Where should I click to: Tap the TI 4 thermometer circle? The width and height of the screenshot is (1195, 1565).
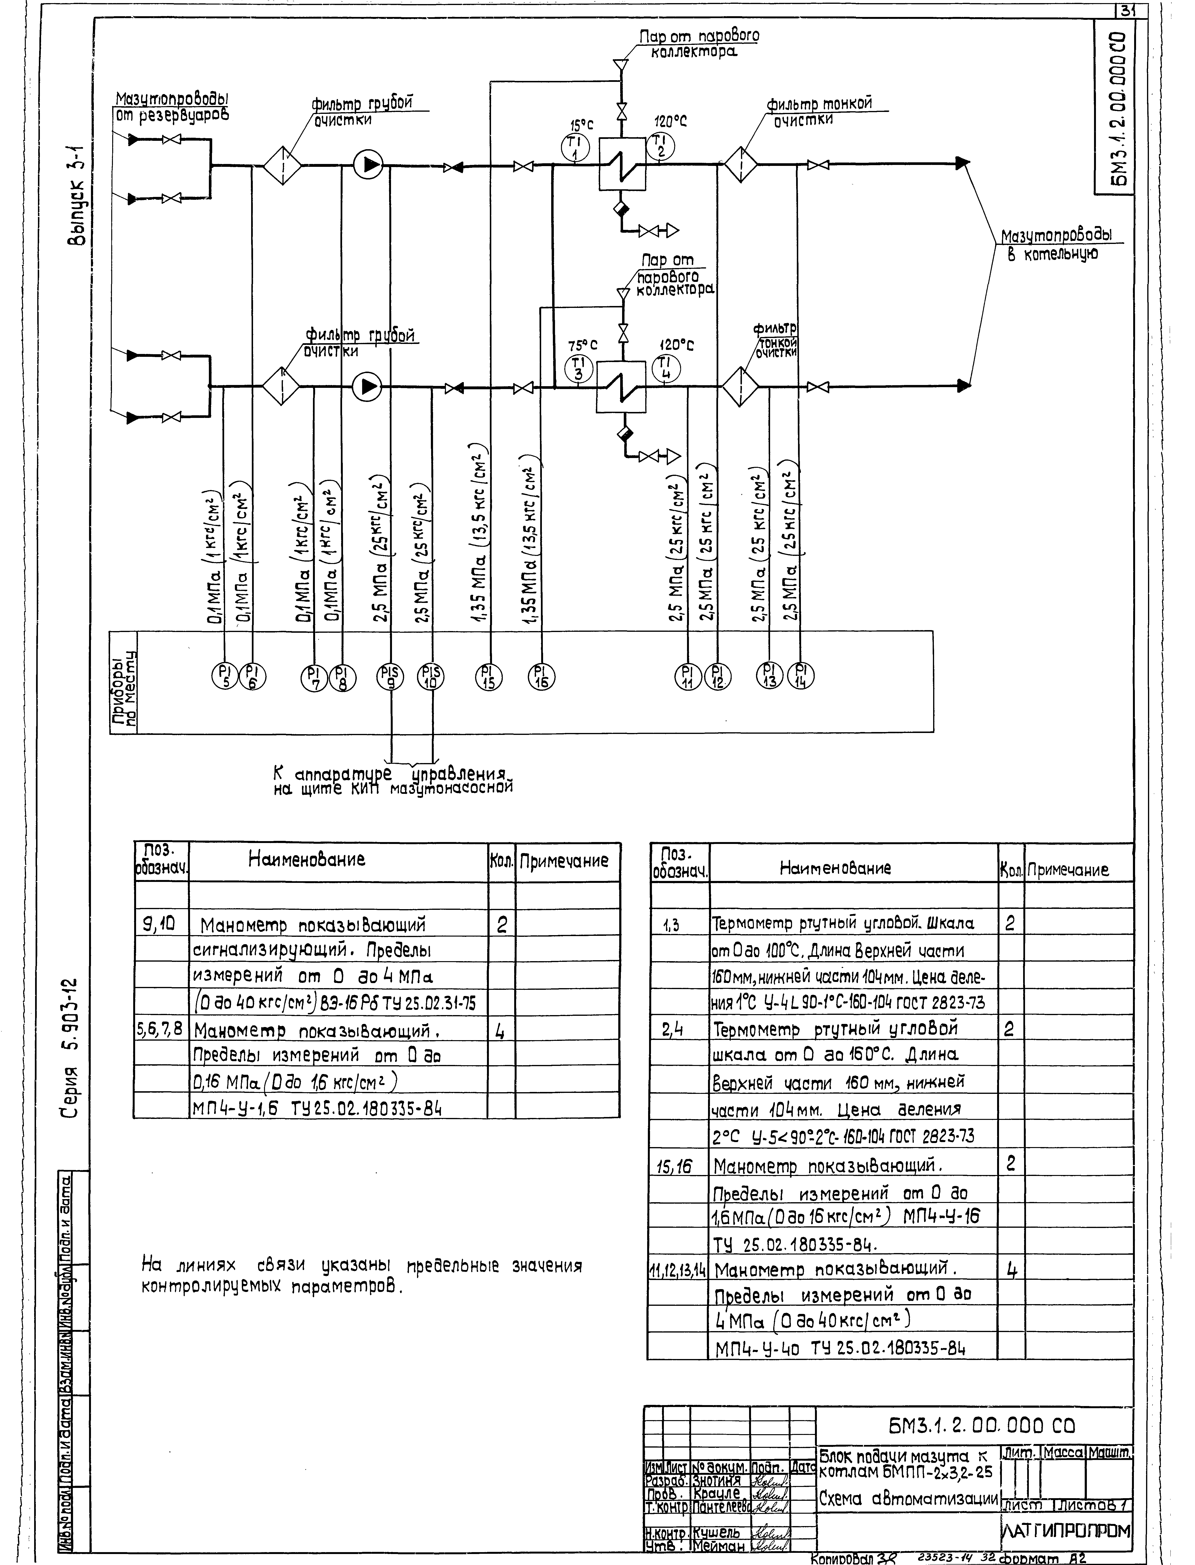tap(666, 368)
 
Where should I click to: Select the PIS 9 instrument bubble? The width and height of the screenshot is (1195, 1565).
tap(391, 676)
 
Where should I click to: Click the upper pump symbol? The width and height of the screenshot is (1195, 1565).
tap(369, 166)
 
